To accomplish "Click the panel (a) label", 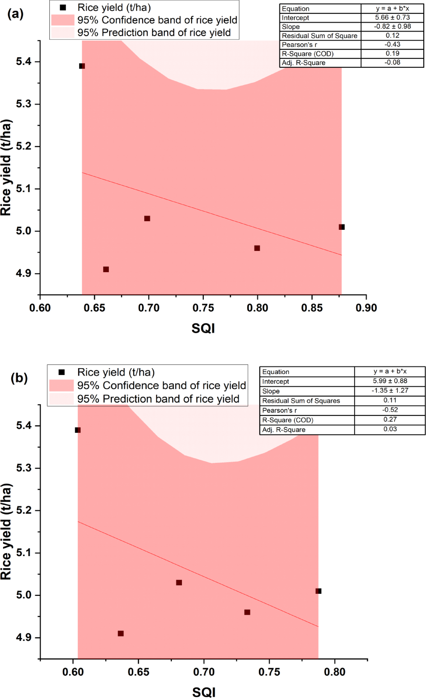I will tap(15, 14).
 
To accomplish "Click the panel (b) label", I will tap(19, 378).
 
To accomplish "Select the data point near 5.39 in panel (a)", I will tap(82, 66).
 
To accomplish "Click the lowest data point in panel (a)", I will tap(106, 269).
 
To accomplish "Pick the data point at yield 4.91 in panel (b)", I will tap(121, 634).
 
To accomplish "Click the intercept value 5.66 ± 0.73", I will tap(392, 18).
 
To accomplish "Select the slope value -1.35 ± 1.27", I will tap(390, 391).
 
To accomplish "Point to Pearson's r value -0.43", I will tap(392, 45).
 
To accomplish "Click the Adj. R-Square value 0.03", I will tap(390, 429).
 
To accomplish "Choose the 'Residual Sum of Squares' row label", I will tap(301, 401).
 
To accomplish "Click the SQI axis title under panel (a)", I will tap(203, 328).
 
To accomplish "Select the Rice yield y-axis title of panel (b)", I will tap(6, 531).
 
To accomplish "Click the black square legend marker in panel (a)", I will tap(63, 7).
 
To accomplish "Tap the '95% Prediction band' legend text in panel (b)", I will tap(158, 399).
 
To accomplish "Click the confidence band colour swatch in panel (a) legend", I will tap(63, 20).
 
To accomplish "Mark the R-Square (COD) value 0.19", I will tap(392, 53).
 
